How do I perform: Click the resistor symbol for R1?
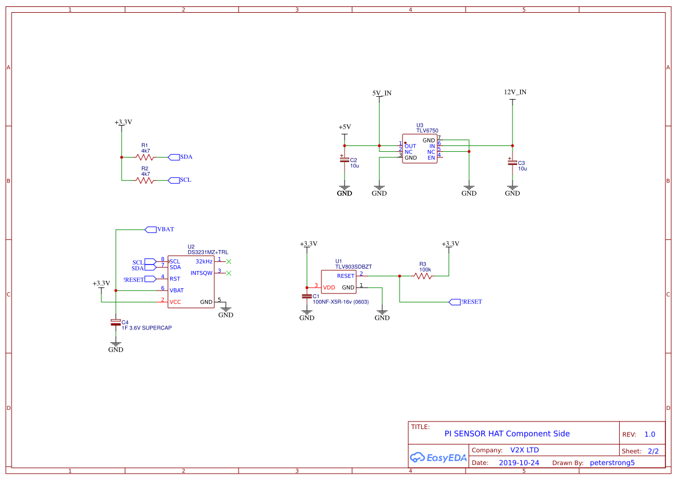click(145, 157)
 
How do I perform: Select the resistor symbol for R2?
click(145, 180)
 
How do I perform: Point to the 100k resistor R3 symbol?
click(423, 276)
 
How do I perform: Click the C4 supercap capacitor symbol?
click(116, 322)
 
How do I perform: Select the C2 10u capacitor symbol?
click(345, 159)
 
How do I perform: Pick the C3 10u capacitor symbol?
click(513, 163)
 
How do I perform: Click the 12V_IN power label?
click(515, 92)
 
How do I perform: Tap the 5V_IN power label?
click(382, 93)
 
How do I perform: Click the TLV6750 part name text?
click(427, 131)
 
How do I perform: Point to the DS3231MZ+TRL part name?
click(208, 252)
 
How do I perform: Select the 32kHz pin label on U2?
click(204, 262)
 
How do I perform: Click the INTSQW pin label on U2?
click(202, 273)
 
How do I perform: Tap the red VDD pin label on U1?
click(329, 287)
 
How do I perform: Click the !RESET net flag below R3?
click(467, 302)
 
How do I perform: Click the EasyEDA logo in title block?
click(438, 457)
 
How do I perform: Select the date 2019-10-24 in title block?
click(519, 463)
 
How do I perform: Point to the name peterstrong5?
click(612, 463)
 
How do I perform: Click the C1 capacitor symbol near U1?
click(307, 296)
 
